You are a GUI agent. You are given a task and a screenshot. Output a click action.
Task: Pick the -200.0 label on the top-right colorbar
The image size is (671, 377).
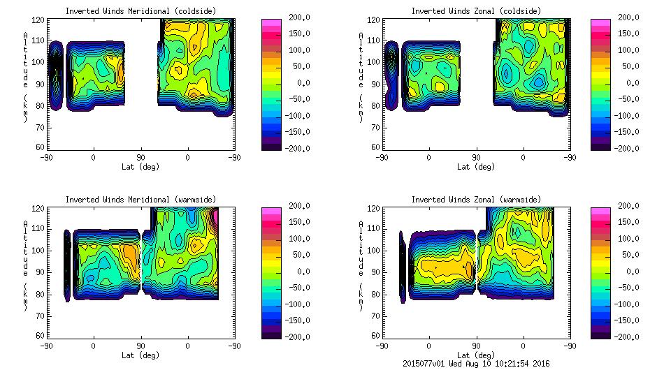(628, 148)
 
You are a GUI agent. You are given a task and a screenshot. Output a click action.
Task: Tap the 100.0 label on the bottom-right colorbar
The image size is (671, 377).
(628, 239)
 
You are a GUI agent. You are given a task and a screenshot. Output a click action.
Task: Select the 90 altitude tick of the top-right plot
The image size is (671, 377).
(370, 84)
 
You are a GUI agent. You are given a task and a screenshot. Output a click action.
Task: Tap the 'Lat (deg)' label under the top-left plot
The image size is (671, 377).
(140, 167)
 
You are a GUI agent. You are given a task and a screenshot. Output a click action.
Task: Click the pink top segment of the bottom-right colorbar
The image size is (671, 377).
(602, 210)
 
